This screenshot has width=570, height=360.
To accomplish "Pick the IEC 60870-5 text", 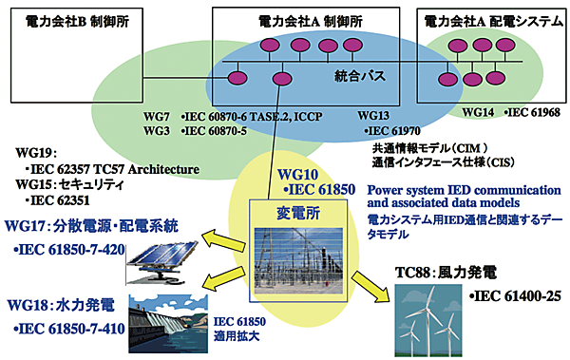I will click(x=222, y=130).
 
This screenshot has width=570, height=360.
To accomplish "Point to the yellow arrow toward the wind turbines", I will click(x=370, y=282).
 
